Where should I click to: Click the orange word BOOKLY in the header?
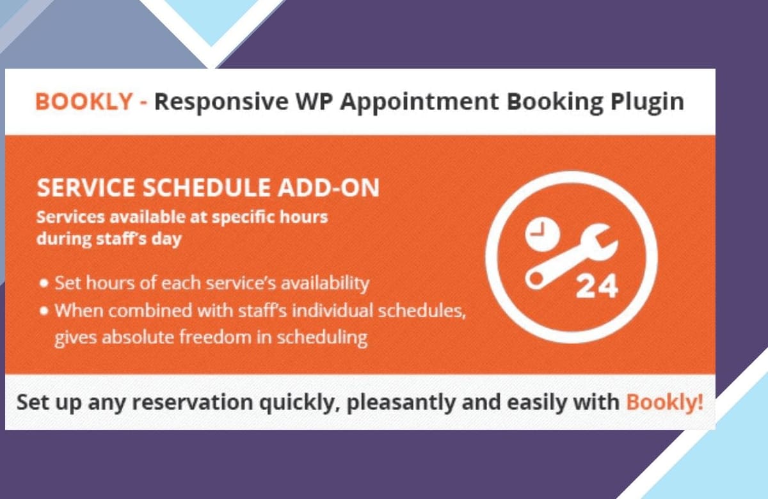point(84,102)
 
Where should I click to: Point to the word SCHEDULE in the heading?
point(206,187)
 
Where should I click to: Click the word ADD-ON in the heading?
point(328,187)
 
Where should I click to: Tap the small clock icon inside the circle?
point(543,234)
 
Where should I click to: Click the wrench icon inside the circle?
point(572,257)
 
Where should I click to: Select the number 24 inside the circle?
point(597,287)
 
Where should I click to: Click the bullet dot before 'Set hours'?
point(44,283)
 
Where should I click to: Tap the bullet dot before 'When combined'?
point(44,311)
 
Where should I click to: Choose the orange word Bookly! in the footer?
point(664,402)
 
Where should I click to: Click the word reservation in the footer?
point(193,402)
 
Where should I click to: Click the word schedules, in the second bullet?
point(422,311)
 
